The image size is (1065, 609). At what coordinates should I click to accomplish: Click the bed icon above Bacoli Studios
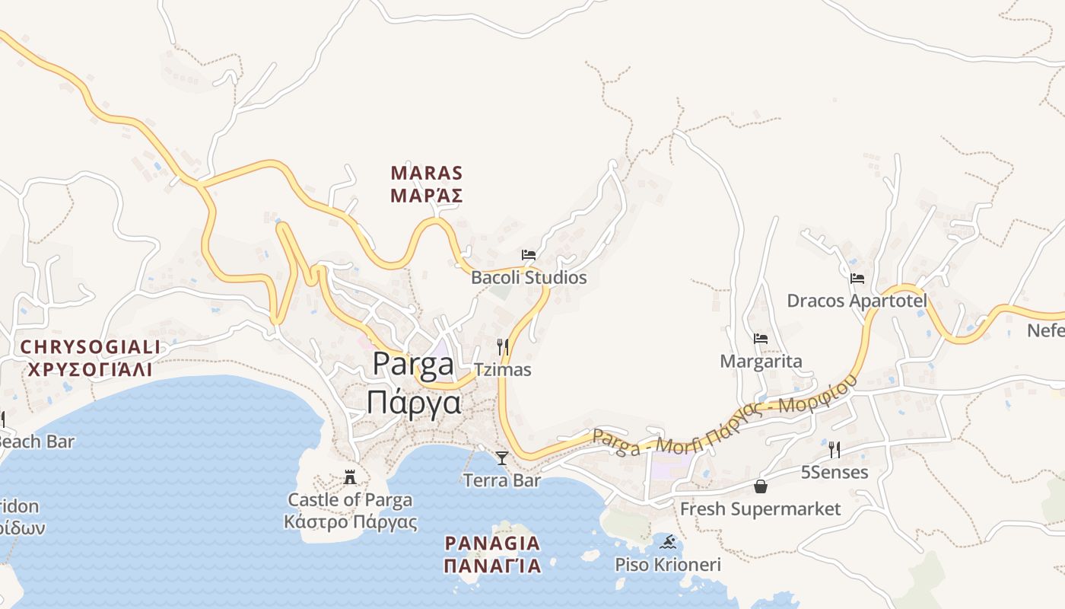[x=529, y=254]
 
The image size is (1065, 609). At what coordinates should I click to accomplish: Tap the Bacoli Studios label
[x=529, y=278]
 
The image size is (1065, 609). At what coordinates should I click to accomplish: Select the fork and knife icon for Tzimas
[x=502, y=347]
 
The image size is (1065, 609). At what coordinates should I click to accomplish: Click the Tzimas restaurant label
[x=502, y=370]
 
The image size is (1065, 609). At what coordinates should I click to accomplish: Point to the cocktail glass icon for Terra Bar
[x=502, y=458]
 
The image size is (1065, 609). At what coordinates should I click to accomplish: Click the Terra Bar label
[x=502, y=480]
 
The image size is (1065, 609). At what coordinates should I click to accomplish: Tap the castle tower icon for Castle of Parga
[x=350, y=477]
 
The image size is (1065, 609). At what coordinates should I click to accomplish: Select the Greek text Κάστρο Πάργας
[x=350, y=522]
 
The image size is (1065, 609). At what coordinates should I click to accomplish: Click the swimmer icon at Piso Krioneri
[x=668, y=542]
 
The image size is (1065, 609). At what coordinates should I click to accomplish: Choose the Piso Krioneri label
[x=668, y=565]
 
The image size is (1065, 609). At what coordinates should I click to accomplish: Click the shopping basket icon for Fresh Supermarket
[x=760, y=486]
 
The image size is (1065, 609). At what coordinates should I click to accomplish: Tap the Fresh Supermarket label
[x=760, y=509]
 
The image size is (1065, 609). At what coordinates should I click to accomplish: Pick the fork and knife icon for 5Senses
[x=834, y=449]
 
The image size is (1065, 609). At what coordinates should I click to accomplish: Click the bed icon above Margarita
[x=761, y=339]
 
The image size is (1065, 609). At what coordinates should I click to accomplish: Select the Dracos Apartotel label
[x=857, y=301]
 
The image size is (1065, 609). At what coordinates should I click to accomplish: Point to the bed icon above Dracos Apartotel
[x=857, y=279]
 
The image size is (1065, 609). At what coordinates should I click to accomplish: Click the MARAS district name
[x=426, y=174]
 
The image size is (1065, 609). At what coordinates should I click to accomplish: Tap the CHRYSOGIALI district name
[x=91, y=347]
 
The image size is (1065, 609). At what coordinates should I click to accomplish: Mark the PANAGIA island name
[x=492, y=544]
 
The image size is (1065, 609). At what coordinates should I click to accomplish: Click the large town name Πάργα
[x=414, y=402]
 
